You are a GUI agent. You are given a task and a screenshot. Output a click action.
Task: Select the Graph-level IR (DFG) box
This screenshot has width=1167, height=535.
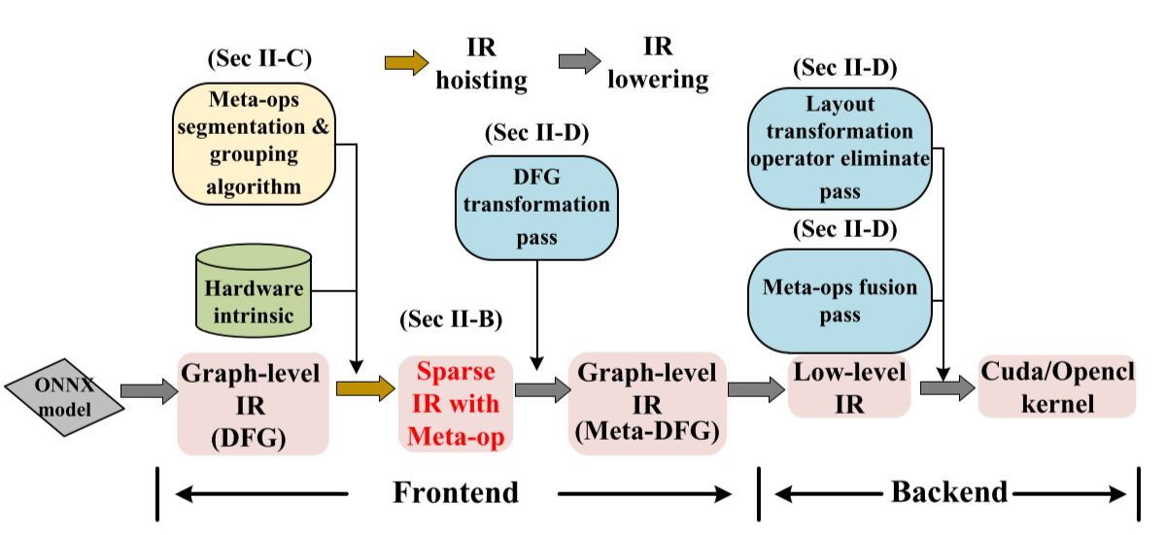[255, 403]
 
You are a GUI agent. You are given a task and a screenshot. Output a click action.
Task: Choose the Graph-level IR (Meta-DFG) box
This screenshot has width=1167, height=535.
[647, 403]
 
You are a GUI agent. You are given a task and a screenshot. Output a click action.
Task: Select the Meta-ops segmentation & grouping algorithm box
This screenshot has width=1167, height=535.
[255, 143]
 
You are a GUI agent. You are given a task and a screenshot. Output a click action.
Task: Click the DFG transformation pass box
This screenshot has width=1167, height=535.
[536, 206]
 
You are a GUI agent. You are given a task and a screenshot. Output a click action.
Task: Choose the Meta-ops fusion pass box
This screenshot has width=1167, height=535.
[841, 301]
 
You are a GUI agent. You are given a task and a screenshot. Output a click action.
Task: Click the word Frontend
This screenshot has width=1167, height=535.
[456, 492]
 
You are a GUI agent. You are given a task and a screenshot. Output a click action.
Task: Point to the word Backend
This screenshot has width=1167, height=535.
[948, 491]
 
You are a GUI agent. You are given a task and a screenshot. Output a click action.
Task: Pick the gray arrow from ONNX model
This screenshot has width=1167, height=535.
[149, 390]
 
